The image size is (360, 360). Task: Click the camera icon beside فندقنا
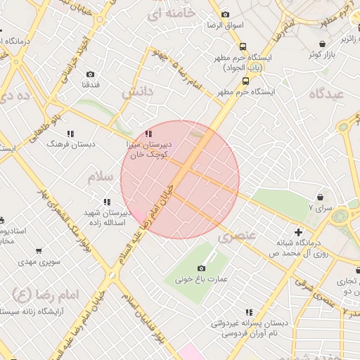[90, 74]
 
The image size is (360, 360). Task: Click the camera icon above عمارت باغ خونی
[202, 268]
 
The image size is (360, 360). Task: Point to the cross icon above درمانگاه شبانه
[299, 231]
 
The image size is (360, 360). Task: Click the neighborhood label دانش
[136, 92]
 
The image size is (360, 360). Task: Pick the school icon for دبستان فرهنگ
[70, 133]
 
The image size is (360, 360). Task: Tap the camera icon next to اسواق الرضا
[225, 14]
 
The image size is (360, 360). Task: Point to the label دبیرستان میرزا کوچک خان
[157, 147]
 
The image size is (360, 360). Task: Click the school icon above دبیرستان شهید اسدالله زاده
[107, 202]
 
